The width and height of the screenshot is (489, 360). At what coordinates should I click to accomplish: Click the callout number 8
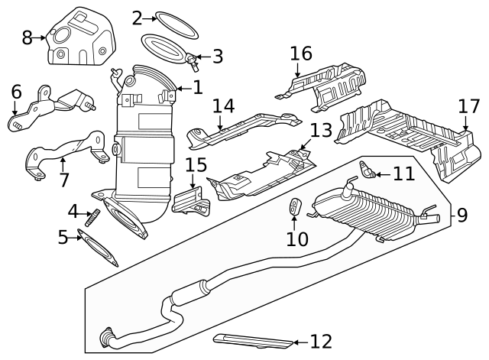[27, 37]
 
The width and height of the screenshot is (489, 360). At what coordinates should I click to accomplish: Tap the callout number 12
[322, 342]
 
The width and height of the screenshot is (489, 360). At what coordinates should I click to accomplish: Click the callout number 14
[223, 105]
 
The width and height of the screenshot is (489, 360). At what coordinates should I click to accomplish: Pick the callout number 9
[462, 216]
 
